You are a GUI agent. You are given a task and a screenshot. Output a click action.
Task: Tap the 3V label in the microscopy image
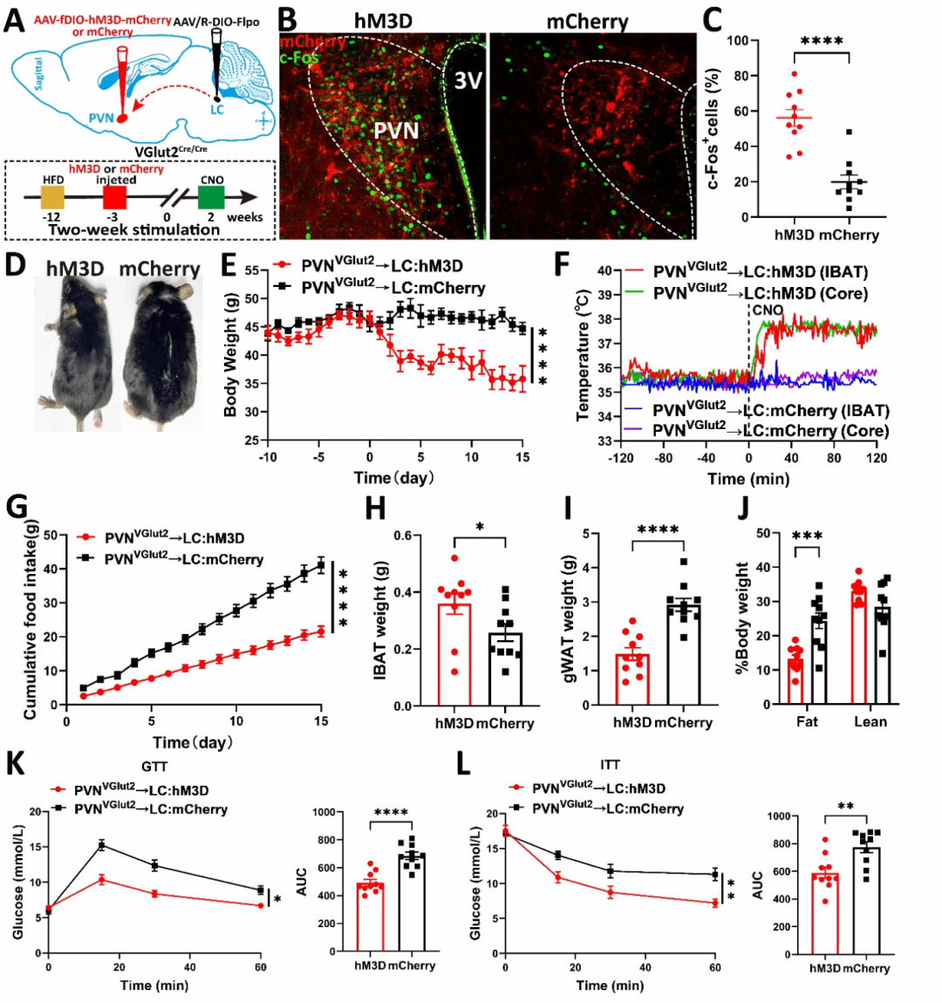coord(468,81)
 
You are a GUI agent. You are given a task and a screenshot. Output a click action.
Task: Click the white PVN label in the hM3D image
coord(397,131)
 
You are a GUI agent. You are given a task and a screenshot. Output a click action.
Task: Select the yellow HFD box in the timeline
coord(53,198)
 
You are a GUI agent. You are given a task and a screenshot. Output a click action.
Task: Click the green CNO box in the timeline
coord(211,198)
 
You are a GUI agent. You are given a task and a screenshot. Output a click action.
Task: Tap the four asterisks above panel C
coord(822,41)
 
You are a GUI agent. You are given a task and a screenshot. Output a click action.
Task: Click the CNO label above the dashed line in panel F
coord(768,310)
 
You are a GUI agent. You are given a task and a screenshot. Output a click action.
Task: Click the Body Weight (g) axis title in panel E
coord(231,354)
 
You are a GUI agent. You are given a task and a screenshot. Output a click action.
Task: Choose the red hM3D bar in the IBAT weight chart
coord(454,654)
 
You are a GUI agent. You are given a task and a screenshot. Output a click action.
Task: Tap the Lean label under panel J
coord(870,721)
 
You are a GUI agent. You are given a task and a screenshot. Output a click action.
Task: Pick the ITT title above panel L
coord(611,765)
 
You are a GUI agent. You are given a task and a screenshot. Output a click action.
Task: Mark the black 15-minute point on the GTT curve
coord(102,844)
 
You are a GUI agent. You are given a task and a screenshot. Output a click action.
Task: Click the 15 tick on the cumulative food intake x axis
coord(322,721)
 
